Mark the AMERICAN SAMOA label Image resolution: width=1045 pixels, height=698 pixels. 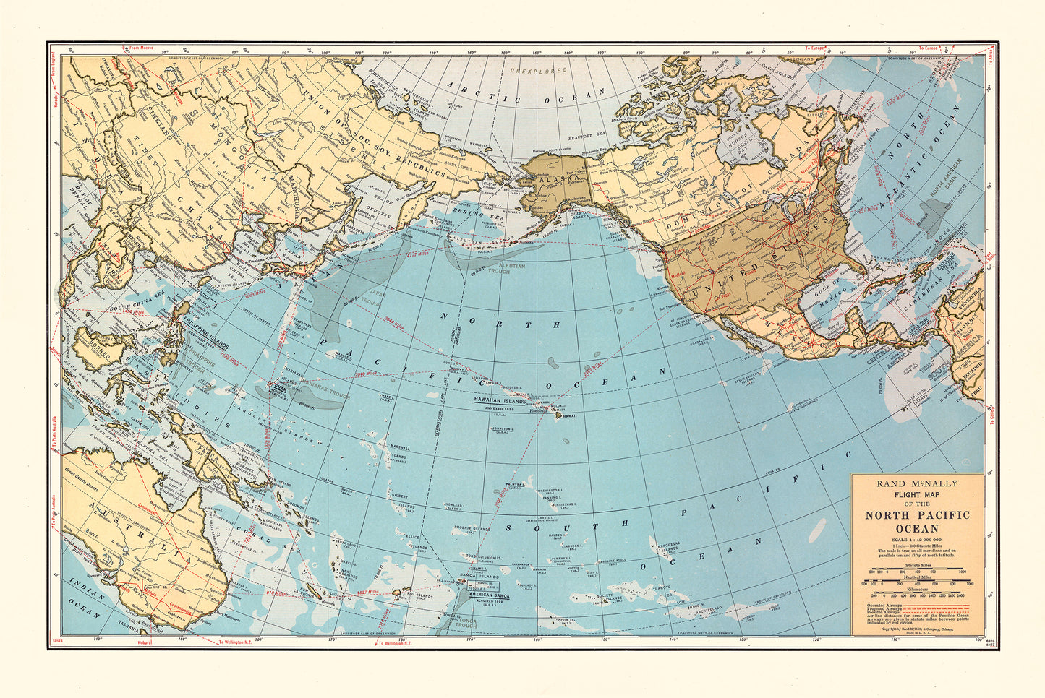[488, 596]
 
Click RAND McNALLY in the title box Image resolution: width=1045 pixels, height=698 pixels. [917, 483]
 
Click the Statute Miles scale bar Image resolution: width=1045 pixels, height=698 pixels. [917, 571]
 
